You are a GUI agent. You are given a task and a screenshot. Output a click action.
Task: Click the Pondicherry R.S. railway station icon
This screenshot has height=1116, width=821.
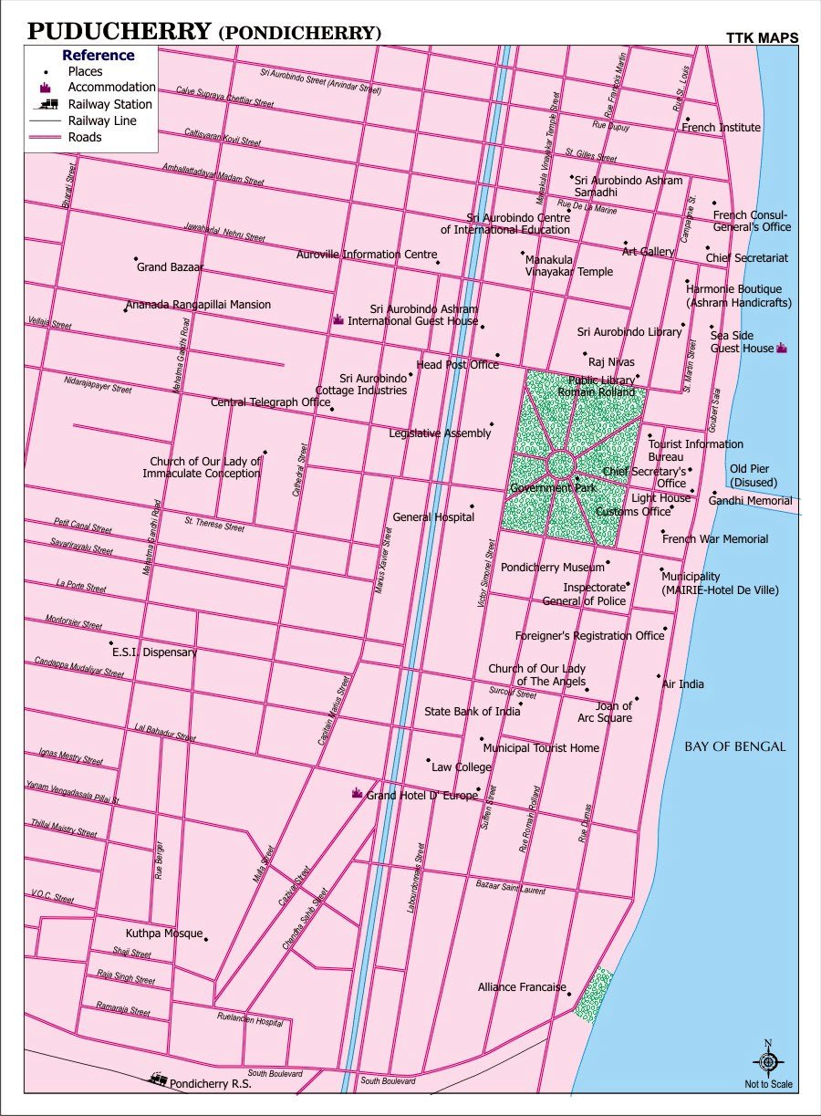click(x=158, y=1079)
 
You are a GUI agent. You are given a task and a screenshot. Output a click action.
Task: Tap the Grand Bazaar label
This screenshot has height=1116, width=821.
click(x=170, y=267)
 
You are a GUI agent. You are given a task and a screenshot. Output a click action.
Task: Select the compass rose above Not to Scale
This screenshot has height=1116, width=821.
click(x=768, y=1061)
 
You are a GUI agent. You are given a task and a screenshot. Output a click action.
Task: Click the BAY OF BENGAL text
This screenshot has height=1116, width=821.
click(x=734, y=746)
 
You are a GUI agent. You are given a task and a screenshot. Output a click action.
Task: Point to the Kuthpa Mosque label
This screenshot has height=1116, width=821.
click(x=163, y=933)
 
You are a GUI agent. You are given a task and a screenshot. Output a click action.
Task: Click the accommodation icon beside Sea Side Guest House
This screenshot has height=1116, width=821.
click(x=781, y=348)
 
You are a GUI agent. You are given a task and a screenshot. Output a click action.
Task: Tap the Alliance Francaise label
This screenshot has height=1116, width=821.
click(x=522, y=987)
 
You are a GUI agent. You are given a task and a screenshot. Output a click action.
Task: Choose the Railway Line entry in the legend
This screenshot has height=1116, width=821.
click(x=101, y=120)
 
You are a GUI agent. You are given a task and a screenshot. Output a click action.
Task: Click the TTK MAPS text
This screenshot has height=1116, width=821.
click(x=762, y=38)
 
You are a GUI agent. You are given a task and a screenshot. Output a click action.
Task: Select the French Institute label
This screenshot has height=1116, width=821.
click(x=721, y=128)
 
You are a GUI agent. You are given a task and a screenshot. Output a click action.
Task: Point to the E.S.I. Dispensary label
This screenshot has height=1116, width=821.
click(x=154, y=652)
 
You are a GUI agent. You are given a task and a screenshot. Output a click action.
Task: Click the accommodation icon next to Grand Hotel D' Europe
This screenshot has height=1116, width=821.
click(x=358, y=794)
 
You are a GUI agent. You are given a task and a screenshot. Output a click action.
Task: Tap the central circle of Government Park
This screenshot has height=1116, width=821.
click(x=559, y=465)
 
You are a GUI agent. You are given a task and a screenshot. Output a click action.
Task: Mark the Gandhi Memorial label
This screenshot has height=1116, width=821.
click(x=750, y=501)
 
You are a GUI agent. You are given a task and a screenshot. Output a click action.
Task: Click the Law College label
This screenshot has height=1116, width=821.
click(x=461, y=767)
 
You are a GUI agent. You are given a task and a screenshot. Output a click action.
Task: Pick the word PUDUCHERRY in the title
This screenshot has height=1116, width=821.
click(x=120, y=32)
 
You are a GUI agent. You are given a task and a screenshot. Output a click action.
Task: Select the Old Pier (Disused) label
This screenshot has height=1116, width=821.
click(x=749, y=475)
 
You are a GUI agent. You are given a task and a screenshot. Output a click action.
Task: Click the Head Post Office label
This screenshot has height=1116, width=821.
click(x=457, y=365)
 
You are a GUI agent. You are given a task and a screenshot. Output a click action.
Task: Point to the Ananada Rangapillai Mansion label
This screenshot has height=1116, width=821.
click(x=198, y=305)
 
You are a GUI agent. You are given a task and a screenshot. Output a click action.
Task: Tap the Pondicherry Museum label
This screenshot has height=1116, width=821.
click(x=552, y=568)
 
